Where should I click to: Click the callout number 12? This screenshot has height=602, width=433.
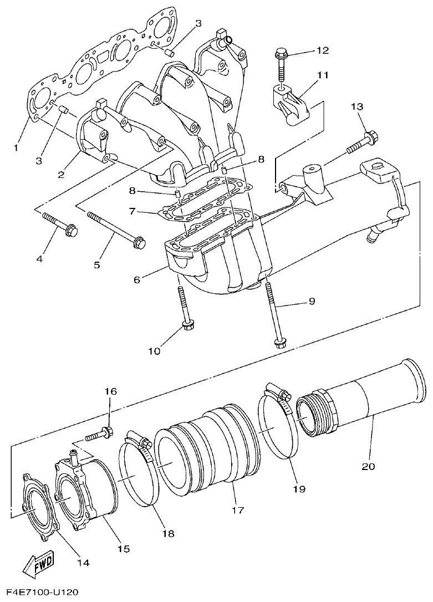click(x=323, y=50)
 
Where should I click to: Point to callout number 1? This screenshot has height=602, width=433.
click(x=16, y=147)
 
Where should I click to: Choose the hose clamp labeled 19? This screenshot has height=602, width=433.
click(x=277, y=427)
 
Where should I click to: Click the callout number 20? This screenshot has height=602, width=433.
click(x=368, y=466)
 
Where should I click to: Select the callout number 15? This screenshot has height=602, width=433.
click(x=123, y=548)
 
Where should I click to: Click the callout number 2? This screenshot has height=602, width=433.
click(x=60, y=174)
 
